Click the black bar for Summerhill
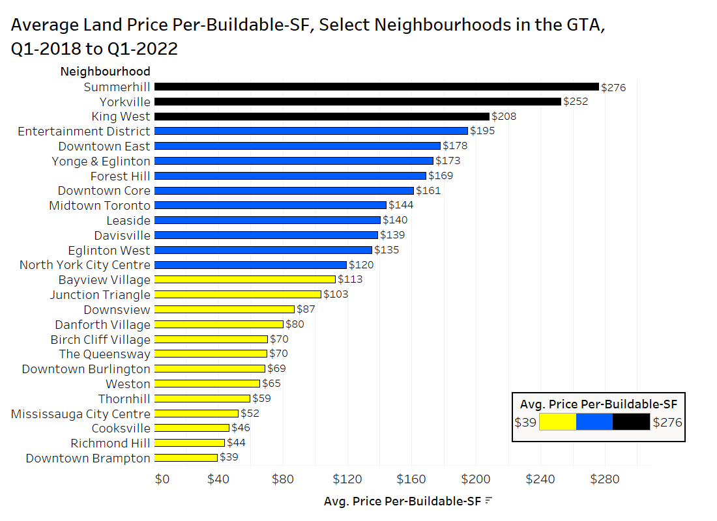[376, 87]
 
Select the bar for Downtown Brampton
[186, 458]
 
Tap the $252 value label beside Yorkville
[576, 102]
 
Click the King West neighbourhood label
[121, 117]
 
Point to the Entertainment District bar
[311, 131]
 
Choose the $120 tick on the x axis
[347, 479]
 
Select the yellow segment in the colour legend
[558, 422]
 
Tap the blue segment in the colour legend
[594, 422]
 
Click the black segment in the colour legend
[631, 422]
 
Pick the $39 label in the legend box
[525, 423]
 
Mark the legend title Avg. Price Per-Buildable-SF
[598, 404]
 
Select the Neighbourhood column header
[105, 72]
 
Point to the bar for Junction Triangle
[238, 294]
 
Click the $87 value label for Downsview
[306, 309]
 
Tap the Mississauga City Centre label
[81, 414]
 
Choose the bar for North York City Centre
[250, 265]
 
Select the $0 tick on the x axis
[162, 479]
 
